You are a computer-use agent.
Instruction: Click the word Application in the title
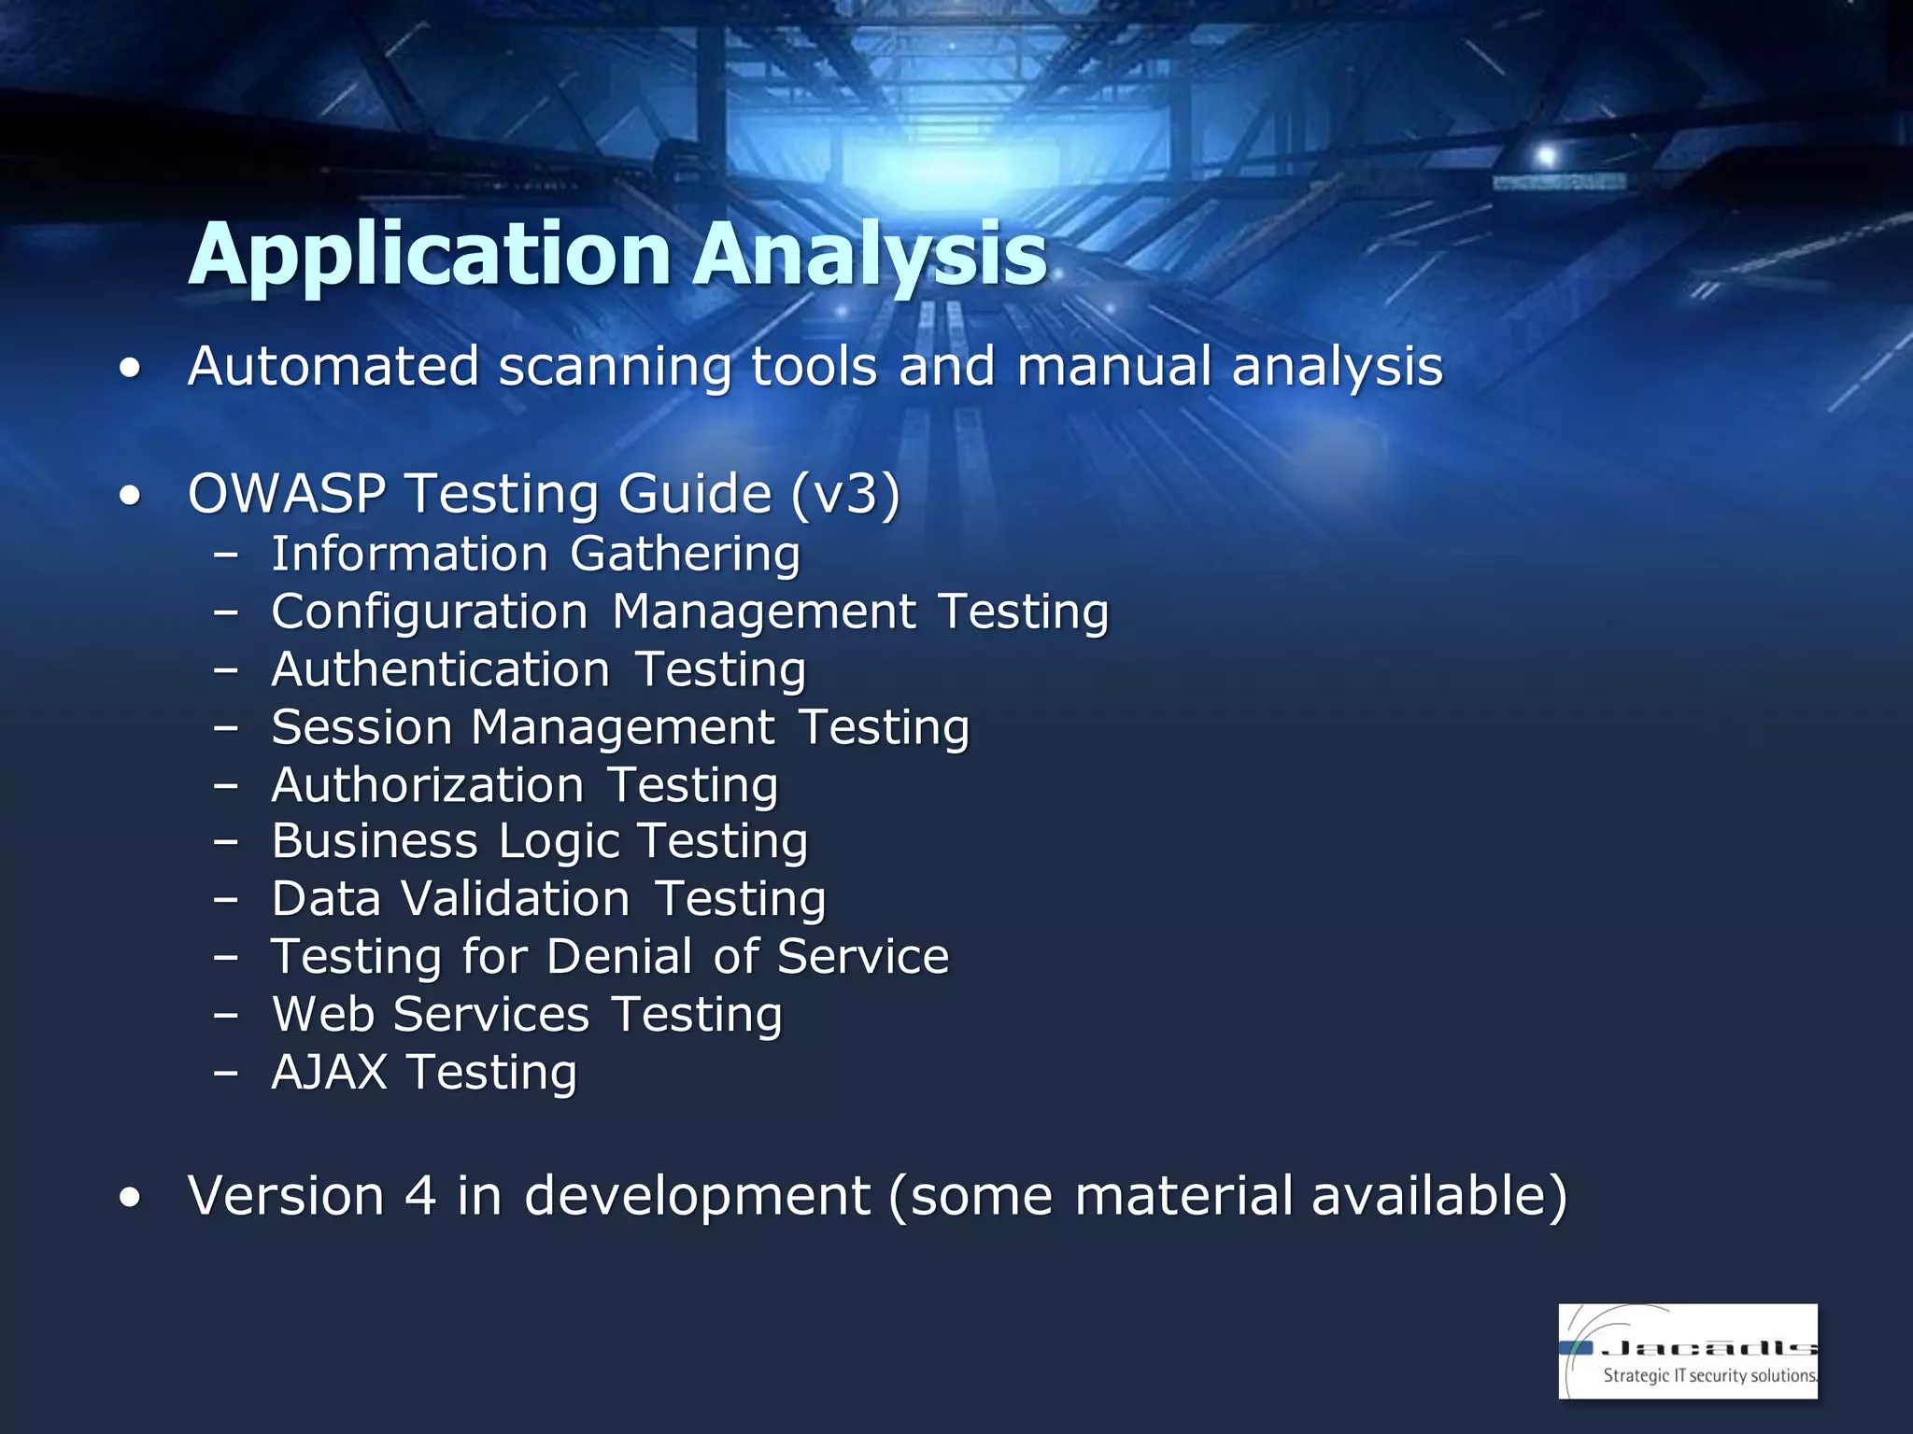click(x=430, y=254)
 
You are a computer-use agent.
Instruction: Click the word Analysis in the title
click(x=870, y=254)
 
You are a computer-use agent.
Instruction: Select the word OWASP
click(x=286, y=493)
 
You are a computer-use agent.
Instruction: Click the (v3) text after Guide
click(x=845, y=493)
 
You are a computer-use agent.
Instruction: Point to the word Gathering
click(x=685, y=554)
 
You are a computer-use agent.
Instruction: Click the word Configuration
click(x=430, y=612)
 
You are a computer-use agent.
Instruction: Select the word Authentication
click(x=441, y=669)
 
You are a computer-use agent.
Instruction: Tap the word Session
click(x=362, y=727)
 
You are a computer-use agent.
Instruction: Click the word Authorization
click(x=428, y=785)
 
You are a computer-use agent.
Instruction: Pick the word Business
click(x=375, y=841)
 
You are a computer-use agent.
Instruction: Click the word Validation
click(x=516, y=899)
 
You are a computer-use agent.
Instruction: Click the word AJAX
click(x=329, y=1072)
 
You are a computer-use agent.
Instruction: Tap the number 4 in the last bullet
click(x=420, y=1196)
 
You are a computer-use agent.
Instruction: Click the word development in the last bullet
click(x=697, y=1196)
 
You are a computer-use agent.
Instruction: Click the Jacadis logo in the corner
click(x=1687, y=1351)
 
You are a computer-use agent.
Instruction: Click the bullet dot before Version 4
click(x=131, y=1198)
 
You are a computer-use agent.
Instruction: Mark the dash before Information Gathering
click(x=225, y=555)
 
